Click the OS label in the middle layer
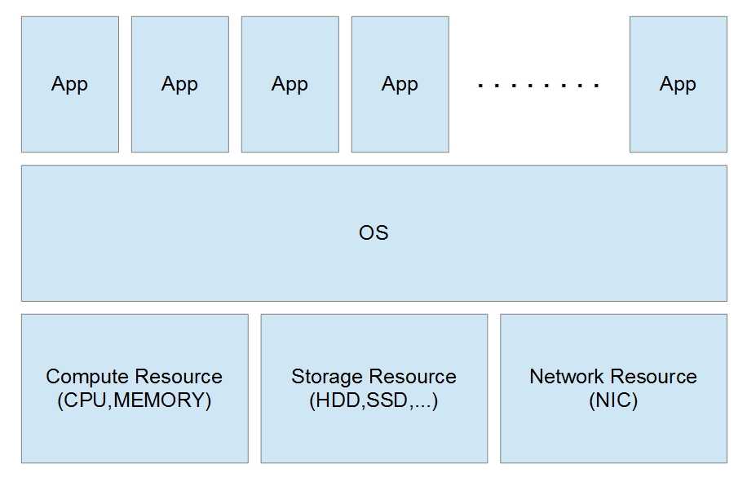[373, 233]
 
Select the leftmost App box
[69, 84]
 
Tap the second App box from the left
[179, 84]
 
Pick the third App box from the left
[290, 84]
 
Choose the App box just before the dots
[400, 84]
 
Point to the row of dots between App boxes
[539, 85]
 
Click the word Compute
[87, 377]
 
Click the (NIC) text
[612, 401]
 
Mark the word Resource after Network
[655, 377]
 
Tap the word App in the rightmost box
[678, 84]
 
